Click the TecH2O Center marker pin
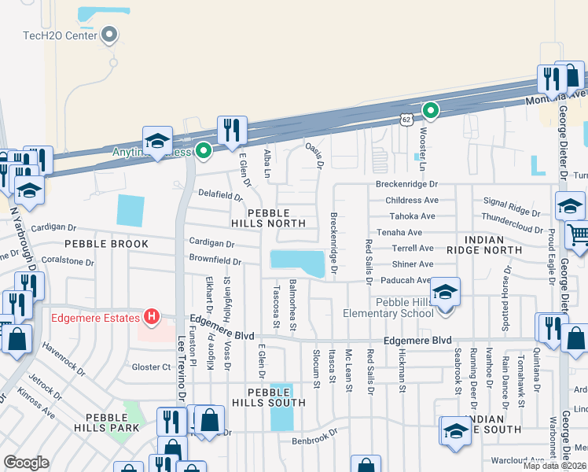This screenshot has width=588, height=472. [x=110, y=35]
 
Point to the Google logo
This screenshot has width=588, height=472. [x=26, y=463]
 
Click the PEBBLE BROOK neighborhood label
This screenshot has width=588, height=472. [x=107, y=244]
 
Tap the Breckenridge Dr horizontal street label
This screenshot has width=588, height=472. [x=405, y=184]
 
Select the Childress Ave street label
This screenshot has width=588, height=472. [x=411, y=201]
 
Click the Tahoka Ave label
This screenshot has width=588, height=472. [x=410, y=216]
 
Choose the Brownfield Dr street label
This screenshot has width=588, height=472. [x=214, y=260]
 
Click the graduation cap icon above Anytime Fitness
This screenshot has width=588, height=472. [x=157, y=140]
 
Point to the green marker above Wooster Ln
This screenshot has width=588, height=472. [x=430, y=110]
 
